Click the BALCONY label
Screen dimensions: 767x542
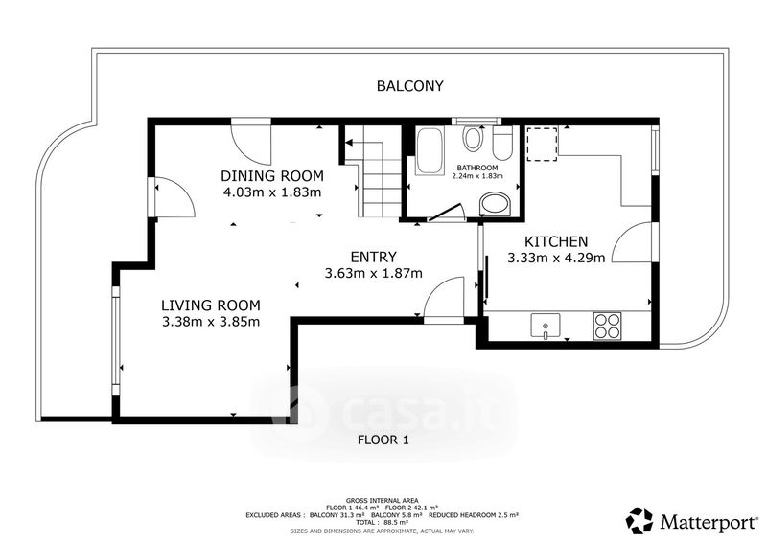(x=410, y=86)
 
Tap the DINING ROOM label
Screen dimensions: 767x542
(x=272, y=175)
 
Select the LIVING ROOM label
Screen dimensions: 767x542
(x=211, y=305)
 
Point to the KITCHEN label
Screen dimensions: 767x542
(x=556, y=241)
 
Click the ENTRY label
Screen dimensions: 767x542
(x=374, y=257)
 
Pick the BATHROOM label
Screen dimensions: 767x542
(x=477, y=168)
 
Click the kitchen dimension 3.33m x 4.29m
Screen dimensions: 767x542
(x=556, y=258)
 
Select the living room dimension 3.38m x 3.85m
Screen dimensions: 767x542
(x=211, y=322)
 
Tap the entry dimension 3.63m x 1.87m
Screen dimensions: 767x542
(x=374, y=273)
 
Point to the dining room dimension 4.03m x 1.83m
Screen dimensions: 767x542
(x=272, y=192)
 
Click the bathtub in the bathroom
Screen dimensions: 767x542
(x=429, y=151)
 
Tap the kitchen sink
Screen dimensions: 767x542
(x=546, y=326)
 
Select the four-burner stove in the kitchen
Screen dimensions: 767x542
(x=607, y=326)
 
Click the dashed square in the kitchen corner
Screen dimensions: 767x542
(x=542, y=145)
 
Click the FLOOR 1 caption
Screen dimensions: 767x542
(x=383, y=440)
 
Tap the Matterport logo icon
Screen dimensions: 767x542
(x=639, y=521)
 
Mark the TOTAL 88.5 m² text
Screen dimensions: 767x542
(x=382, y=523)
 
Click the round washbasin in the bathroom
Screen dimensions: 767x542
(x=495, y=204)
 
